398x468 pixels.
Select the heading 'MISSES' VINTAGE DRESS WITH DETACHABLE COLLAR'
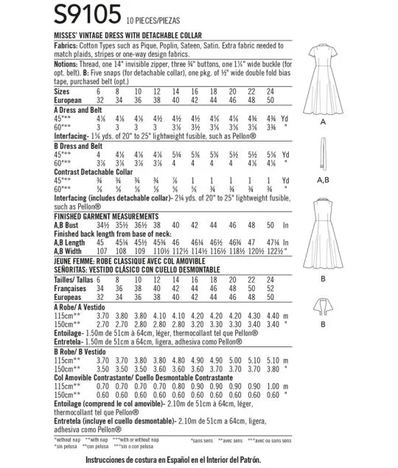point(148,32)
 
